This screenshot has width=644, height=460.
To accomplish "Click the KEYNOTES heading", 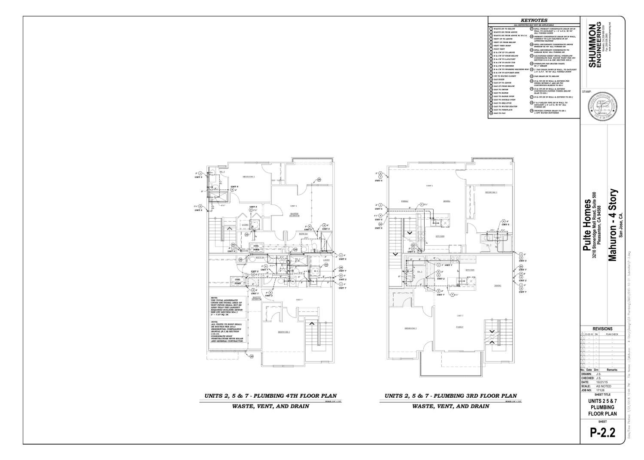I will [x=533, y=20].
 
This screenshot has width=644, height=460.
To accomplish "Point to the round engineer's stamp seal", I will [x=601, y=109].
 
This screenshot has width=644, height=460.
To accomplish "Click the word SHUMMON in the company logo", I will [x=592, y=41].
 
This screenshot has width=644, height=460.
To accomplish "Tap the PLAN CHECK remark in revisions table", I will [x=611, y=333].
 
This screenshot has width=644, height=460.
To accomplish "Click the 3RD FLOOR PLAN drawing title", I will [x=450, y=396].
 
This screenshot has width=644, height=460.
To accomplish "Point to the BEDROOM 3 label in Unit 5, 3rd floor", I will [x=491, y=192].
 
